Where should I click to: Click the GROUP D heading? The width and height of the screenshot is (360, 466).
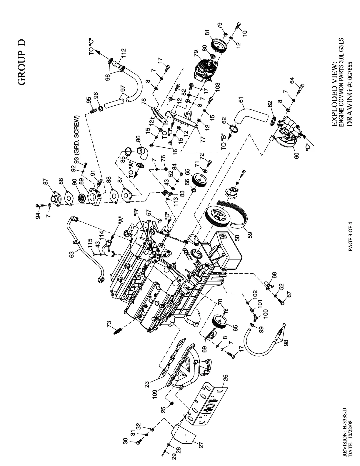click(x=22, y=62)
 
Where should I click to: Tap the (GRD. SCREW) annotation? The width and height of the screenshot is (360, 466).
click(x=77, y=135)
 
